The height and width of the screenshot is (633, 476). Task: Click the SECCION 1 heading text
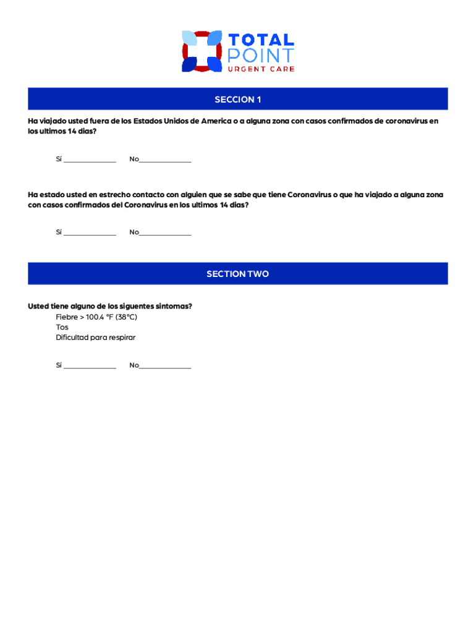[x=238, y=100]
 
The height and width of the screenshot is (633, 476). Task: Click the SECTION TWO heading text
[x=238, y=274]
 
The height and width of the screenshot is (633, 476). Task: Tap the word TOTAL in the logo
[x=261, y=40]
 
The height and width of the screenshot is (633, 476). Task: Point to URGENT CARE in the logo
[x=261, y=69]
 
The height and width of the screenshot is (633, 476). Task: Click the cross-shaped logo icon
[x=202, y=51]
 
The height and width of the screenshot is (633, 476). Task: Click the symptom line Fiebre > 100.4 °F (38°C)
[x=96, y=317]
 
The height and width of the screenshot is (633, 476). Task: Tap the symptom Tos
[x=62, y=327]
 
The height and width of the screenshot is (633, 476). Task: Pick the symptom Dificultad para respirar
[x=95, y=338]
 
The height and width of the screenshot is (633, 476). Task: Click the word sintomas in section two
[x=172, y=306]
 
